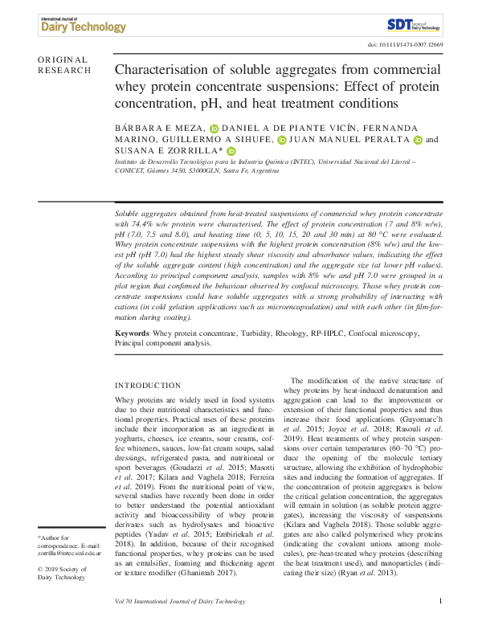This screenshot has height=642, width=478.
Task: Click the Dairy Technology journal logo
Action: (82, 24)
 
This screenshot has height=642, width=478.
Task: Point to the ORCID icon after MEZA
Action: (214, 129)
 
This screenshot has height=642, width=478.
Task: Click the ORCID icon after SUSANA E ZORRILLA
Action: (231, 151)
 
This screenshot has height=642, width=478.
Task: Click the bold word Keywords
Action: (132, 333)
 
